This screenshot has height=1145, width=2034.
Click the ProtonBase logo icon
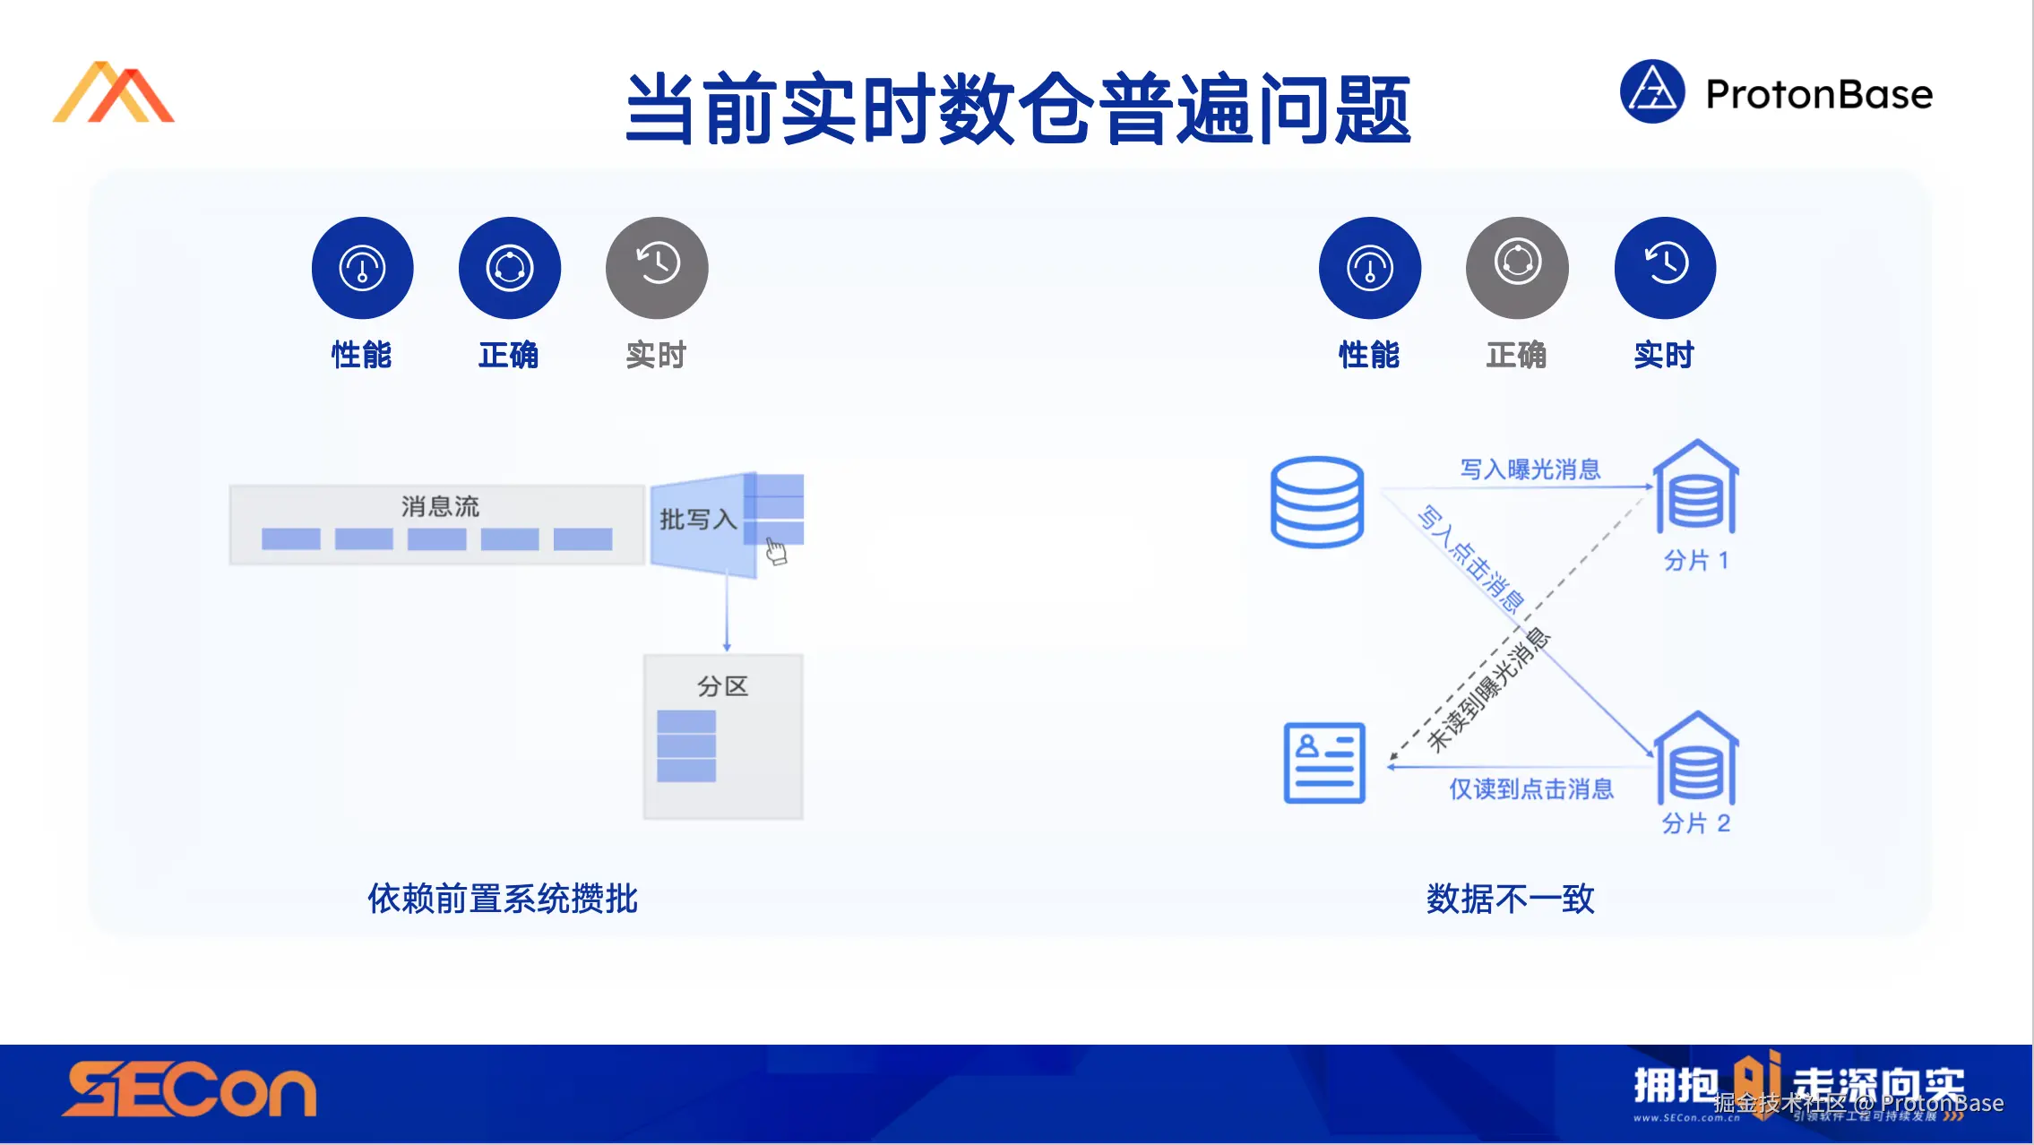(1652, 91)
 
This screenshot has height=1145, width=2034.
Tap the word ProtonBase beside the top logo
(1819, 94)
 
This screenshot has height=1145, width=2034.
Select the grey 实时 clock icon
(657, 267)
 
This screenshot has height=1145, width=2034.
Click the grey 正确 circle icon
(1517, 267)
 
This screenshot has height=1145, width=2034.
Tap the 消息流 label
(440, 506)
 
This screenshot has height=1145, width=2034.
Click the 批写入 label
(698, 520)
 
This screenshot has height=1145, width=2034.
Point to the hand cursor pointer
(776, 552)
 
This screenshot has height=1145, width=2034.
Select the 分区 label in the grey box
(722, 686)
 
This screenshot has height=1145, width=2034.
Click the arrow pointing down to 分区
(727, 618)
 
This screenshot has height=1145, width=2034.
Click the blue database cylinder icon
(1317, 502)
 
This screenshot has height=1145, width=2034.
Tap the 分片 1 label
(1695, 561)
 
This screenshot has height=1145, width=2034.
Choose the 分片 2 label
(1695, 823)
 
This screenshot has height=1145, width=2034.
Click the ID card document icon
(1323, 762)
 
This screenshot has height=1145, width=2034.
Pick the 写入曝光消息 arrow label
(1530, 469)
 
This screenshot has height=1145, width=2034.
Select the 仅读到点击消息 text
(1531, 789)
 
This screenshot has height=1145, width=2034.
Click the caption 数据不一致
(1510, 899)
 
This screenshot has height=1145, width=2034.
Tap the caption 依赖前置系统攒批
(503, 899)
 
